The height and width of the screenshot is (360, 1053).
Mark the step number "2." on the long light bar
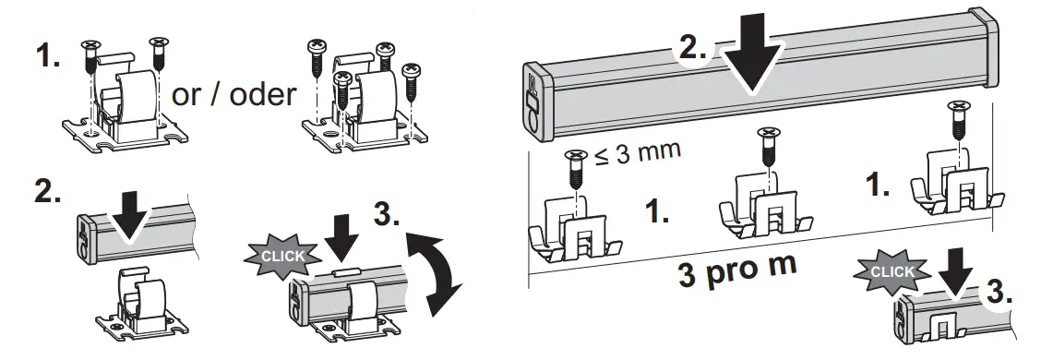click(x=689, y=52)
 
